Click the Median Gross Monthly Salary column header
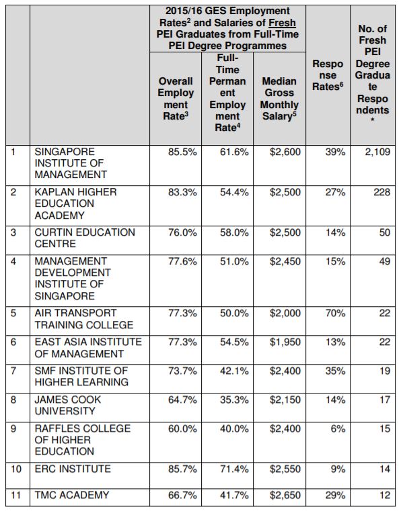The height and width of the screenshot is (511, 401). pos(279,99)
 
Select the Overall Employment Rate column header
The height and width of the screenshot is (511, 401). pos(176,99)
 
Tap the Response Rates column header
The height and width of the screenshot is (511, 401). pos(328,75)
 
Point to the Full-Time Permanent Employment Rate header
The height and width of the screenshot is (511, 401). pos(227,93)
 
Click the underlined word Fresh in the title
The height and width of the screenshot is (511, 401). pos(282,23)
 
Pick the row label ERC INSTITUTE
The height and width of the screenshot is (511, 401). pos(73,469)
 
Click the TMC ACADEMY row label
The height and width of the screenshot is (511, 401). pos(72,495)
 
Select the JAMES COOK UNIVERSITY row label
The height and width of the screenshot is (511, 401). pos(68,406)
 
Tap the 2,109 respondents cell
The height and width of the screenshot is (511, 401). pos(377,152)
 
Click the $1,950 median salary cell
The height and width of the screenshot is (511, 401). pos(285,342)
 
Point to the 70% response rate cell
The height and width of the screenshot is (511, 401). pos(335,313)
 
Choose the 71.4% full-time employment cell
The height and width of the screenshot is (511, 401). pos(234,469)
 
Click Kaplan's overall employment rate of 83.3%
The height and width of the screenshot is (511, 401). pos(182,192)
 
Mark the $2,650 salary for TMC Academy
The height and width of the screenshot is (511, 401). pos(285,496)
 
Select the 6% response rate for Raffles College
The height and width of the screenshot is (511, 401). pos(338,428)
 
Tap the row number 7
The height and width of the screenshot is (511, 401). pos(13,371)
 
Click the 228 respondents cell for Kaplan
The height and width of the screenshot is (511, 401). pos(382,192)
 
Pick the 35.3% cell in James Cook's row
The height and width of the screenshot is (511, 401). pos(234,400)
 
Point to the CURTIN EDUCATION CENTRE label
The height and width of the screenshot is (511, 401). pos(85,238)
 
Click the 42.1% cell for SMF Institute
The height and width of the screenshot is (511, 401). pos(234,371)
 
